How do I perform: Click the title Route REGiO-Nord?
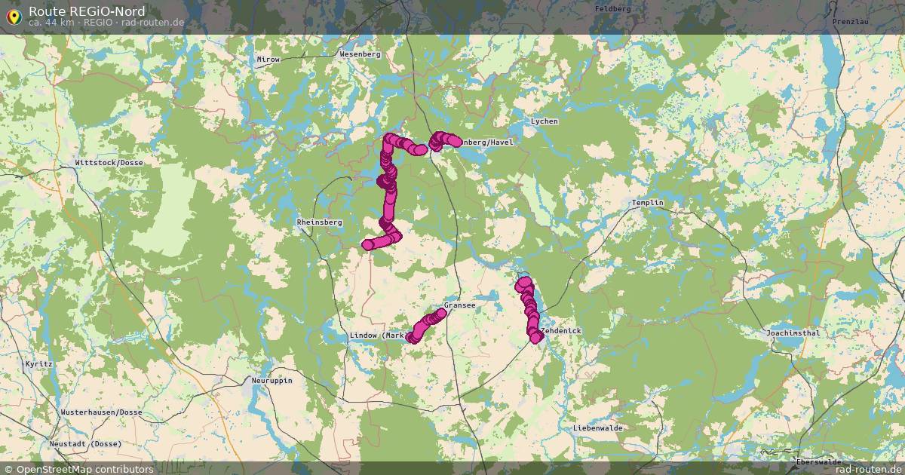click(87, 11)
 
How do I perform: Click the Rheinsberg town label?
click(320, 222)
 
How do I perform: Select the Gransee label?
click(459, 305)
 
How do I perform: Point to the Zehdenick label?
click(560, 331)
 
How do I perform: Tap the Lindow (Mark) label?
click(378, 336)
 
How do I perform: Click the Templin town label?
click(648, 204)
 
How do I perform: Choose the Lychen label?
click(545, 121)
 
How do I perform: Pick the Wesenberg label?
click(360, 54)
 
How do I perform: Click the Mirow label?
click(268, 60)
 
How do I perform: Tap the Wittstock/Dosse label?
click(109, 163)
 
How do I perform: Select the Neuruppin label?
click(271, 381)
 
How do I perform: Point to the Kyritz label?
click(39, 363)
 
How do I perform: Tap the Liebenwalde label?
click(597, 427)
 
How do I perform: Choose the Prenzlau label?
click(851, 22)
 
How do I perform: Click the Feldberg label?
click(612, 8)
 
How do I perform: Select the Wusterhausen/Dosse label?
click(102, 412)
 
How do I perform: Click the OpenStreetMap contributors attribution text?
click(84, 469)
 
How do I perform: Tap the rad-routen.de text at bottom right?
click(870, 469)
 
